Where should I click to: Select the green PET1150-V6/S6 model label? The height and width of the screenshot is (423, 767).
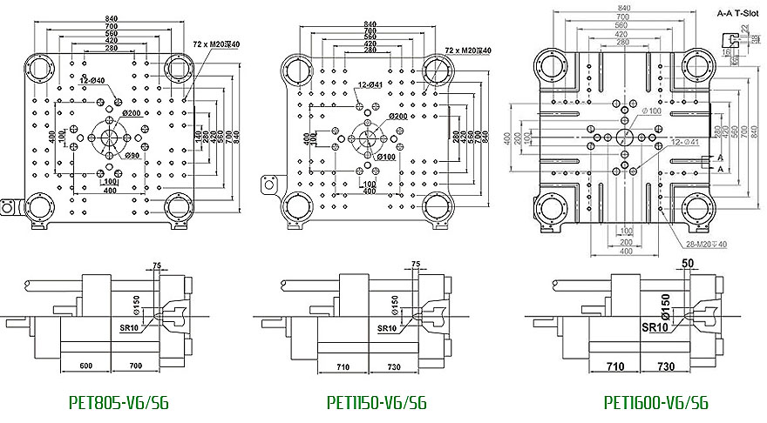tap(377, 403)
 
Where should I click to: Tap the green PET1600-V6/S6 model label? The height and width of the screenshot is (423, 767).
tap(655, 403)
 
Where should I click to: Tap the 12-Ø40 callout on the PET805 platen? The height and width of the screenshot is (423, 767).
tap(92, 81)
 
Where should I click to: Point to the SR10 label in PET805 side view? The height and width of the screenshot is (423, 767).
tap(131, 329)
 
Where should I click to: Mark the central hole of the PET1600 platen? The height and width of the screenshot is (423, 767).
tap(624, 137)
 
